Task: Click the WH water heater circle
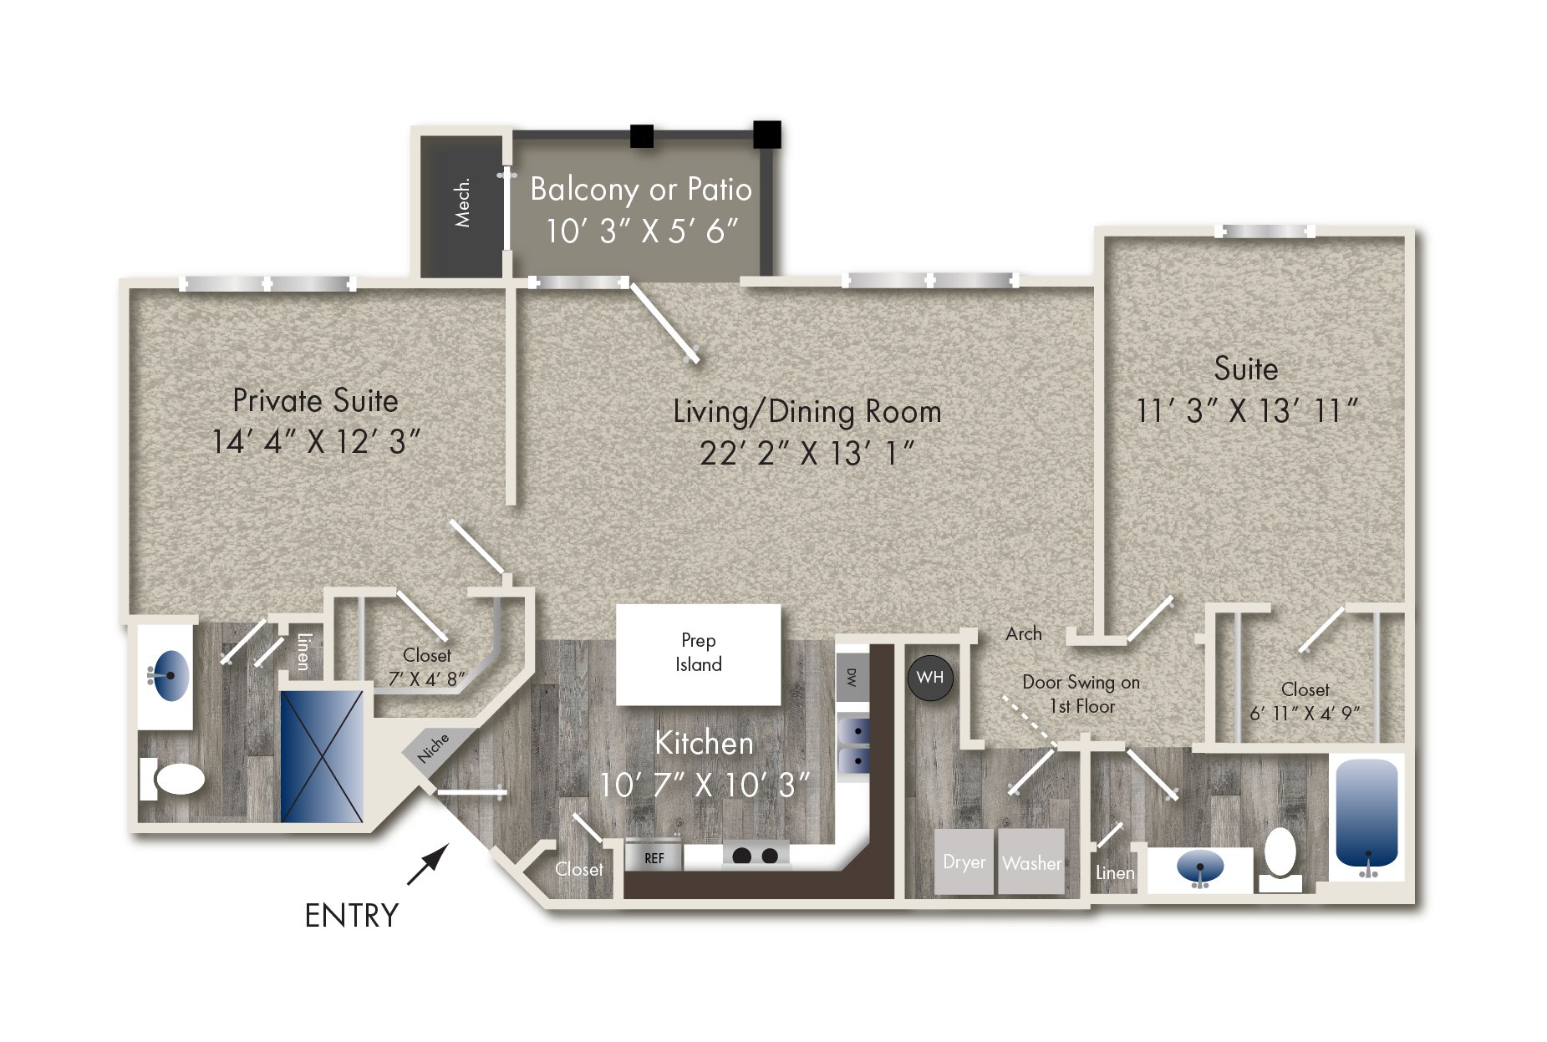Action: (929, 678)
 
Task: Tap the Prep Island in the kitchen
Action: (698, 654)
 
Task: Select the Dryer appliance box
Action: (964, 862)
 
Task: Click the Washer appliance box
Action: (1031, 862)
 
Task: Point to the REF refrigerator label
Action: (654, 858)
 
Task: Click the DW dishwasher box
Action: (852, 677)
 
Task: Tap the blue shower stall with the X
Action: (322, 755)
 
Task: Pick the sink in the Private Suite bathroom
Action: (170, 675)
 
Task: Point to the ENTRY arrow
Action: (427, 864)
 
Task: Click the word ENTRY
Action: (352, 916)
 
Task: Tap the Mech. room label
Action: (462, 202)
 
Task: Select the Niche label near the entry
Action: (433, 747)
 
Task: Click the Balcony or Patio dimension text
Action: (642, 231)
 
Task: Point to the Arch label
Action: (1024, 633)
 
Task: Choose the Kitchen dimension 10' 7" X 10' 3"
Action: (705, 785)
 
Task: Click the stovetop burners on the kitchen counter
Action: (756, 855)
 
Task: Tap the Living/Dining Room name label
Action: (807, 412)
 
